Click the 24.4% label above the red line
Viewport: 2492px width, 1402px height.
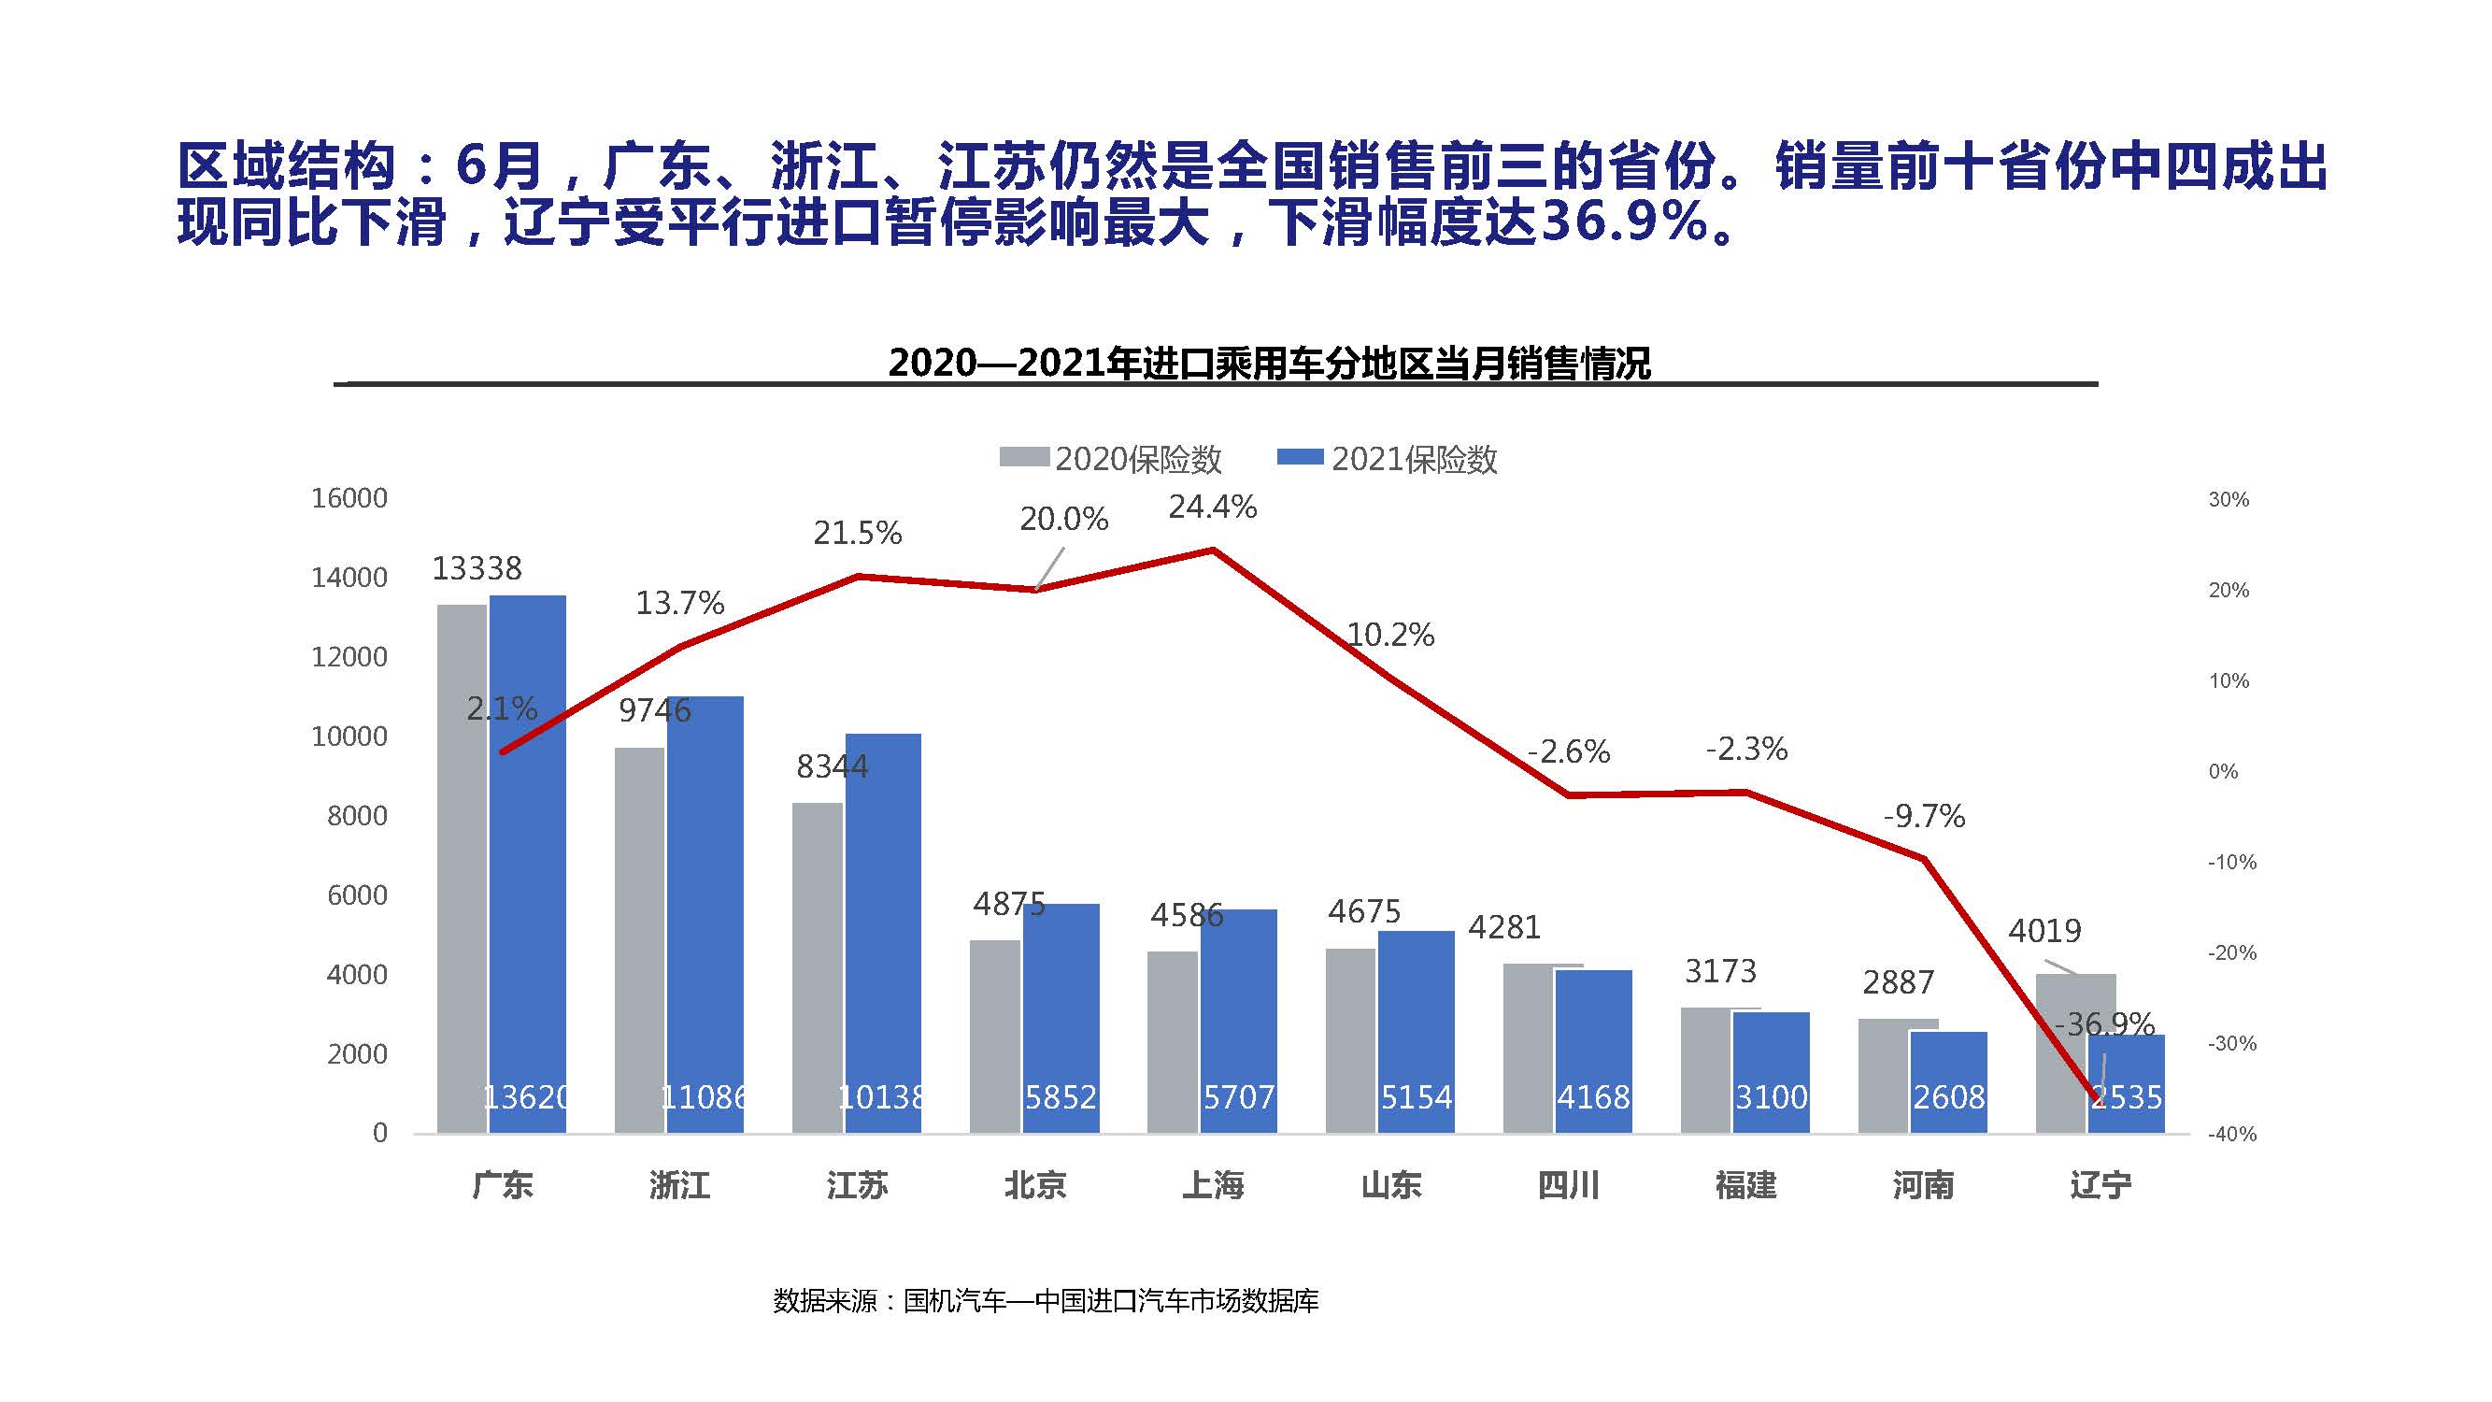click(x=1212, y=507)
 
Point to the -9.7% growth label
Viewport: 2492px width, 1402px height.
click(x=1924, y=817)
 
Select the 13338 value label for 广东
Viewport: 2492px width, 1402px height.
click(x=476, y=568)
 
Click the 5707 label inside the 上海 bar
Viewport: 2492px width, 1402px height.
click(x=1238, y=1097)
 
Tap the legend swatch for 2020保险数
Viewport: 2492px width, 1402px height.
click(x=1023, y=458)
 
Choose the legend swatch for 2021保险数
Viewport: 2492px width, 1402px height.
click(x=1300, y=458)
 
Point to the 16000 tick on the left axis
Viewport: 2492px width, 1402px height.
click(x=349, y=498)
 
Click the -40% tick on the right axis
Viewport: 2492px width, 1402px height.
click(x=2231, y=1134)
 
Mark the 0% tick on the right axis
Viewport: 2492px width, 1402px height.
click(x=2223, y=772)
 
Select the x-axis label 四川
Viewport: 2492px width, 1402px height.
click(x=1568, y=1185)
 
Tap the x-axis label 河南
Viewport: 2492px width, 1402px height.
click(x=1923, y=1185)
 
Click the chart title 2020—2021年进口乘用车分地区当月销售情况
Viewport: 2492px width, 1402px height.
click(x=1269, y=364)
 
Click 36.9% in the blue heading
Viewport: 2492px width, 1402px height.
click(x=1625, y=222)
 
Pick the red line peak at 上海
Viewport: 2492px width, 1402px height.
click(x=1213, y=551)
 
